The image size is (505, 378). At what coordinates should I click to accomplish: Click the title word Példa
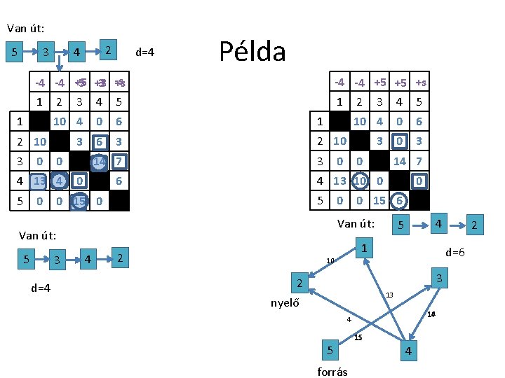point(252,51)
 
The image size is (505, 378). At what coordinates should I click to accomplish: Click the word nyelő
point(285,303)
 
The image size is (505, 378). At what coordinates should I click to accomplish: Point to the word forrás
point(332,372)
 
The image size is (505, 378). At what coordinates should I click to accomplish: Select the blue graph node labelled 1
point(364,249)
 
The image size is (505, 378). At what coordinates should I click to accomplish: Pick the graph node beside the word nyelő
point(298,284)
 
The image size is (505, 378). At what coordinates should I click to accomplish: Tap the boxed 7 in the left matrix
point(119,161)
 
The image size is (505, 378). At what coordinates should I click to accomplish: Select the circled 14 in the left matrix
point(99,161)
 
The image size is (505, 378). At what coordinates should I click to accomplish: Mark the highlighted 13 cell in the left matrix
point(40,181)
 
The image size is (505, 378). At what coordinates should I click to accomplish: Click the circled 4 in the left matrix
point(60,181)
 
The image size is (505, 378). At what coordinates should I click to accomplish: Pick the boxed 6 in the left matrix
point(100,141)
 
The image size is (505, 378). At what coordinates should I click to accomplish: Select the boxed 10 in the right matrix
point(359,181)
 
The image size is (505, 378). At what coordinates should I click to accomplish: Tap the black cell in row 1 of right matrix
point(339,122)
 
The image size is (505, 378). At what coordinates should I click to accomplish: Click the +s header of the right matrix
point(421,83)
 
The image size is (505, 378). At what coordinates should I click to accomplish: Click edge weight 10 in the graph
point(330,260)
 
